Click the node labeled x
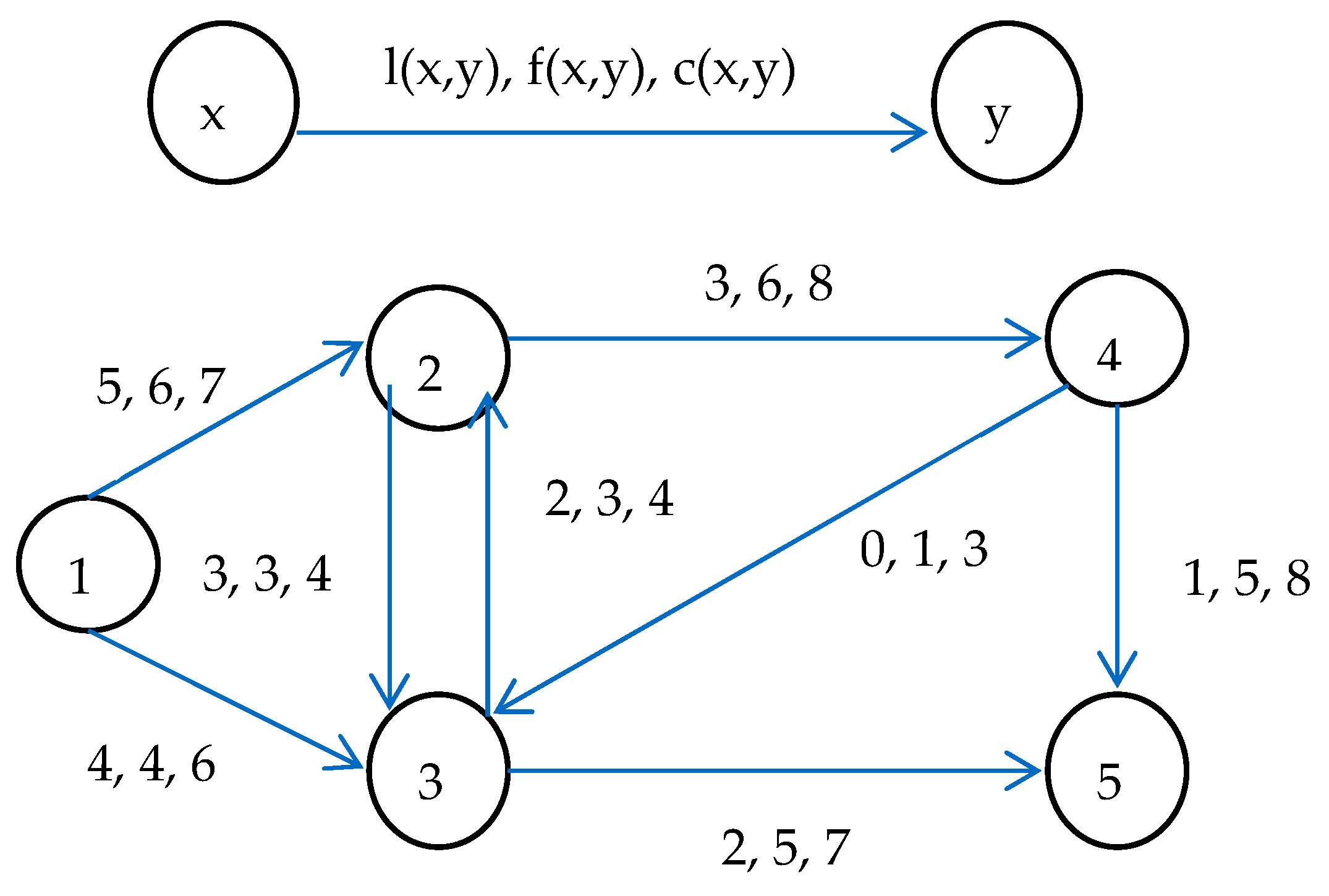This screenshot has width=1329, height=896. [224, 103]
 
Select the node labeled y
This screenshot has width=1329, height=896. [1007, 103]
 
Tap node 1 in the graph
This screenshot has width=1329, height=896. [88, 563]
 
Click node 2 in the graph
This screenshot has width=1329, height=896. [438, 357]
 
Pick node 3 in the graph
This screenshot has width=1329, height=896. [438, 770]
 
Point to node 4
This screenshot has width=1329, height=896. [1116, 338]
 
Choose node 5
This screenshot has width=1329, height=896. [1116, 770]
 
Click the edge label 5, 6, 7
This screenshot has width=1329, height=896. [161, 387]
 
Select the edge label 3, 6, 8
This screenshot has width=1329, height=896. [768, 284]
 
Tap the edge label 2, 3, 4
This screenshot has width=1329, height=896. [609, 498]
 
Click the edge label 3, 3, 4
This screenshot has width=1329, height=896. [267, 574]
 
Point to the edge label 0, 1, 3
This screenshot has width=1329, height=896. [924, 549]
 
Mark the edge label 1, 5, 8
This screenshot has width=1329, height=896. [1246, 579]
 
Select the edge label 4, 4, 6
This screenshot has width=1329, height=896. [151, 764]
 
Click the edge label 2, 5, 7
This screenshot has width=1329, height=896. [785, 848]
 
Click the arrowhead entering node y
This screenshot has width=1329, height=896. [914, 132]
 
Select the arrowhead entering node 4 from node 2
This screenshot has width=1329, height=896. [1027, 338]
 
